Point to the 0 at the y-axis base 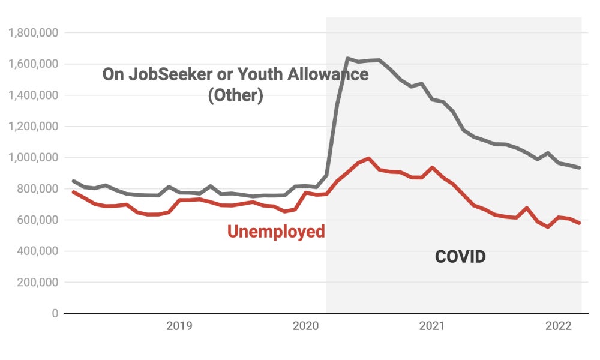[54, 313]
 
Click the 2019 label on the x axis [179, 326]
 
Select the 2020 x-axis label [305, 326]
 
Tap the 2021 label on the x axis [431, 326]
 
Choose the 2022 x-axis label [557, 326]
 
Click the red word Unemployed [276, 232]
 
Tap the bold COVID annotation [460, 257]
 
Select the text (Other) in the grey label [235, 96]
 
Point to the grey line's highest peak [347, 59]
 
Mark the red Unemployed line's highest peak [368, 159]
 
